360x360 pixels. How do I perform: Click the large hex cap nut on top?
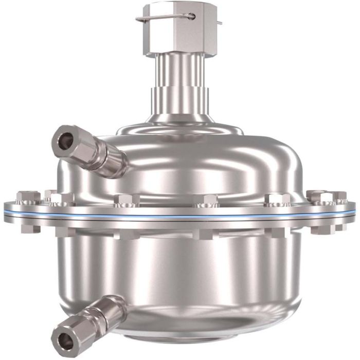pyautogui.click(x=177, y=31)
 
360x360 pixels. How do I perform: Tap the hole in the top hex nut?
pyautogui.click(x=193, y=16)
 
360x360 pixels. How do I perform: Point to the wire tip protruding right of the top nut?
pyautogui.click(x=220, y=23)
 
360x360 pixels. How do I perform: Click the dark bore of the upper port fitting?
pyautogui.click(x=66, y=140)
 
